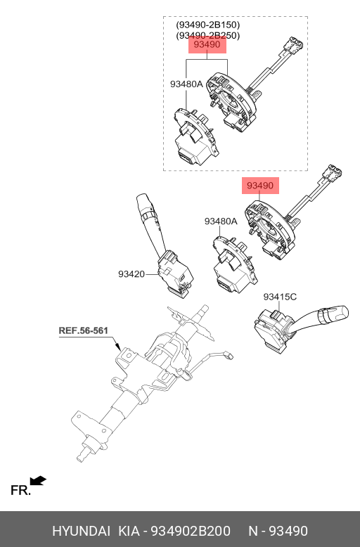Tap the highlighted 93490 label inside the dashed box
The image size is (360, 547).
[x=207, y=46]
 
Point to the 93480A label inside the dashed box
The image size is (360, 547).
[x=186, y=84]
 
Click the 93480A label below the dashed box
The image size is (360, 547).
[x=221, y=221]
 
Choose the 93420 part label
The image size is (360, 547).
[x=131, y=275]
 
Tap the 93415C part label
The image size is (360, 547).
[x=280, y=297]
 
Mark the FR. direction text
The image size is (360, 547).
[x=20, y=491]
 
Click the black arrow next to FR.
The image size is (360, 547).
[x=39, y=481]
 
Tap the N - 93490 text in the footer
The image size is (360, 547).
[x=278, y=531]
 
